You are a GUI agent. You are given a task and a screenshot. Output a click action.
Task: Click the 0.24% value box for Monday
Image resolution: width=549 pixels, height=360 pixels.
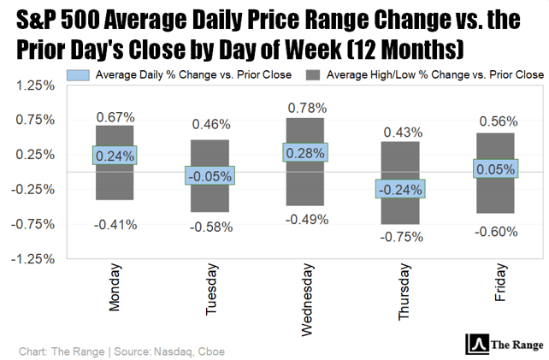(115, 156)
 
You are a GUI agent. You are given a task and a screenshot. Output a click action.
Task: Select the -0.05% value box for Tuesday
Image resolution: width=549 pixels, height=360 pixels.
(210, 175)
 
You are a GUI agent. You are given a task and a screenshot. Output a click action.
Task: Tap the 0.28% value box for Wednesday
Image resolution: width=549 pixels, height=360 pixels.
(305, 153)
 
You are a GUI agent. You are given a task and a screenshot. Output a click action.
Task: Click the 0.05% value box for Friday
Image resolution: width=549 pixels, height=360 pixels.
(495, 169)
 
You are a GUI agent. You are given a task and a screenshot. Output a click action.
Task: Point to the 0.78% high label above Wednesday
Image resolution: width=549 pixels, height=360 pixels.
(305, 108)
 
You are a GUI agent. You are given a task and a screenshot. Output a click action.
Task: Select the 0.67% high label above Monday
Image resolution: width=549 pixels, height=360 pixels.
(115, 116)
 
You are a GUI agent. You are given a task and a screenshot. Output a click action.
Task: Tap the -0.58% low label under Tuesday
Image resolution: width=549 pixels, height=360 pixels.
(210, 227)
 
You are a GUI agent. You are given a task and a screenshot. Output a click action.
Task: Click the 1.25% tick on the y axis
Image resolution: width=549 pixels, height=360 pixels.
(37, 86)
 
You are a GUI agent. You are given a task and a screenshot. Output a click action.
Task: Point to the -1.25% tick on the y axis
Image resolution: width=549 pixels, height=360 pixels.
(35, 258)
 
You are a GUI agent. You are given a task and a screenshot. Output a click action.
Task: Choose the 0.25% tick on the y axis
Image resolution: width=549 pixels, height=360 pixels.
(37, 155)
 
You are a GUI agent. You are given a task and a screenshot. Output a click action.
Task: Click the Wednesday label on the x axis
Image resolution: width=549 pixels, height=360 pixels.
(305, 295)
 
